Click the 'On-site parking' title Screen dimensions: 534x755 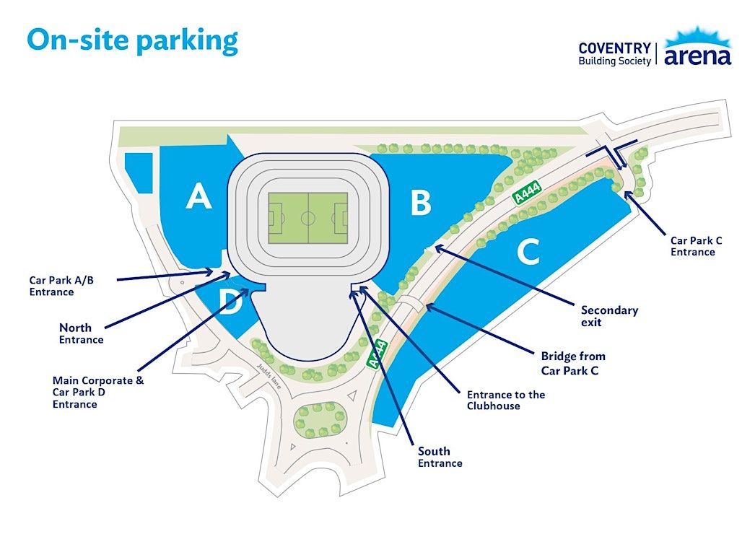[x=132, y=40]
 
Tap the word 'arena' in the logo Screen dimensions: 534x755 [x=697, y=56]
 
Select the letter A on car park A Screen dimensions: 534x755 [x=198, y=196]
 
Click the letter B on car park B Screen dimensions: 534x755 [x=421, y=203]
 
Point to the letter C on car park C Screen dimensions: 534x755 [x=529, y=252]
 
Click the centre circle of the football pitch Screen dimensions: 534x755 [x=308, y=218]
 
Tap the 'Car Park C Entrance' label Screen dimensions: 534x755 [x=697, y=246]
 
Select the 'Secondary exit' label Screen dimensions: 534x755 [x=609, y=316]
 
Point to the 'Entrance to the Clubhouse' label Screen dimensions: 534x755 [x=506, y=400]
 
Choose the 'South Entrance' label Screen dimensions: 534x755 [x=440, y=457]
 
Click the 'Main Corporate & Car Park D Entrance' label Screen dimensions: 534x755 [x=98, y=392]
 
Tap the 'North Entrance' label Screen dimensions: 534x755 [x=81, y=333]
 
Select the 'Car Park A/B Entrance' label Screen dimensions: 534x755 [x=61, y=286]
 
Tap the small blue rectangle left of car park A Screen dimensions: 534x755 [x=139, y=173]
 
